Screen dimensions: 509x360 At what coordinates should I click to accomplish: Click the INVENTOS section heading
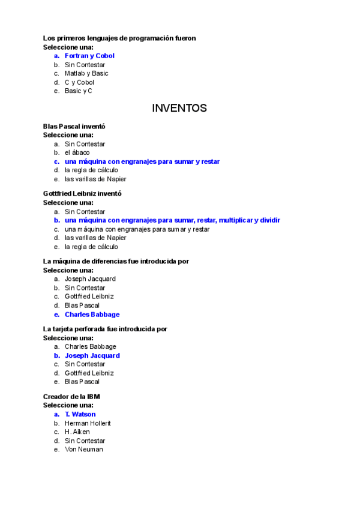point(179,108)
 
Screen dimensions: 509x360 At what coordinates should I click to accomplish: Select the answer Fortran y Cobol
point(89,56)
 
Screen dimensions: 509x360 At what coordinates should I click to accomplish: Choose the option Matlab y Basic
point(86,73)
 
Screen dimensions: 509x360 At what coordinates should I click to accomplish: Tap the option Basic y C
point(79,91)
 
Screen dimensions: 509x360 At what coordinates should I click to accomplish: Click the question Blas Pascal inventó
point(74,126)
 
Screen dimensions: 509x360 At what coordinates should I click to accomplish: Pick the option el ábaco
point(77,152)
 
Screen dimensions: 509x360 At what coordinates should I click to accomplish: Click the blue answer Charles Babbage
point(92,315)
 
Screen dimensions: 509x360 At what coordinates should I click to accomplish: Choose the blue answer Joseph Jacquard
point(92,355)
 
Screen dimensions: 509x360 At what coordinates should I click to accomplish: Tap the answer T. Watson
point(80,414)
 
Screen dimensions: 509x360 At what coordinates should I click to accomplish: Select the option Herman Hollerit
point(88,423)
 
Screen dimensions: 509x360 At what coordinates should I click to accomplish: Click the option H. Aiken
point(77,432)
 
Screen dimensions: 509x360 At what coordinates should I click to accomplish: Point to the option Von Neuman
point(84,449)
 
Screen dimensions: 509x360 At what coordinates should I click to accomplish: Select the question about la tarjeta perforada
point(105,329)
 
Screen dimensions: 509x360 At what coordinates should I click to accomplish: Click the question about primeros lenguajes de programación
point(119,38)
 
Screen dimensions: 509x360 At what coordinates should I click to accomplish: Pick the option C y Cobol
point(79,82)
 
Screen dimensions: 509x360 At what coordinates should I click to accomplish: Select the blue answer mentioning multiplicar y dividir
point(172,220)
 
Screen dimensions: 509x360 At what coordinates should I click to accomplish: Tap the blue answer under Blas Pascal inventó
point(142,161)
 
